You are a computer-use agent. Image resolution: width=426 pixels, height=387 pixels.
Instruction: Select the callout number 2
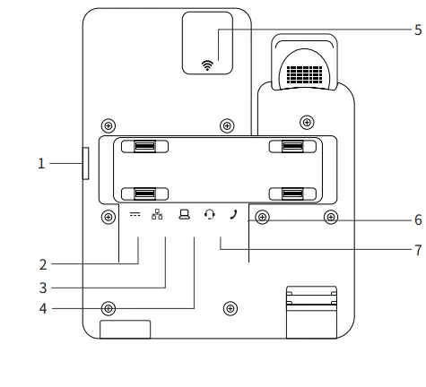42,264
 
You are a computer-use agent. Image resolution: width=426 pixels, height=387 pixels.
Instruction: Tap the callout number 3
42,288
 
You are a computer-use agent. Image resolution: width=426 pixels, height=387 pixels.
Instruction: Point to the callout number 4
42,310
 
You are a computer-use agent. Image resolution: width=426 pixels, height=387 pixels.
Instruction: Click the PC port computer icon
184,216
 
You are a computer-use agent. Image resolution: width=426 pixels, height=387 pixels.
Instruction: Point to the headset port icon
209,216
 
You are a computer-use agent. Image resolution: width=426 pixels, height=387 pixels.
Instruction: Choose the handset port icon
233,215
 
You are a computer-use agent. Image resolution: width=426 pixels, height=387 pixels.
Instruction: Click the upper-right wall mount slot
293,147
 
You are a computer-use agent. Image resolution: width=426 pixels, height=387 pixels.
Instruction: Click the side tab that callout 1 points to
85,164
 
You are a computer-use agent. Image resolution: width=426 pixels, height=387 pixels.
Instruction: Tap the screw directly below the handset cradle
307,121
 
